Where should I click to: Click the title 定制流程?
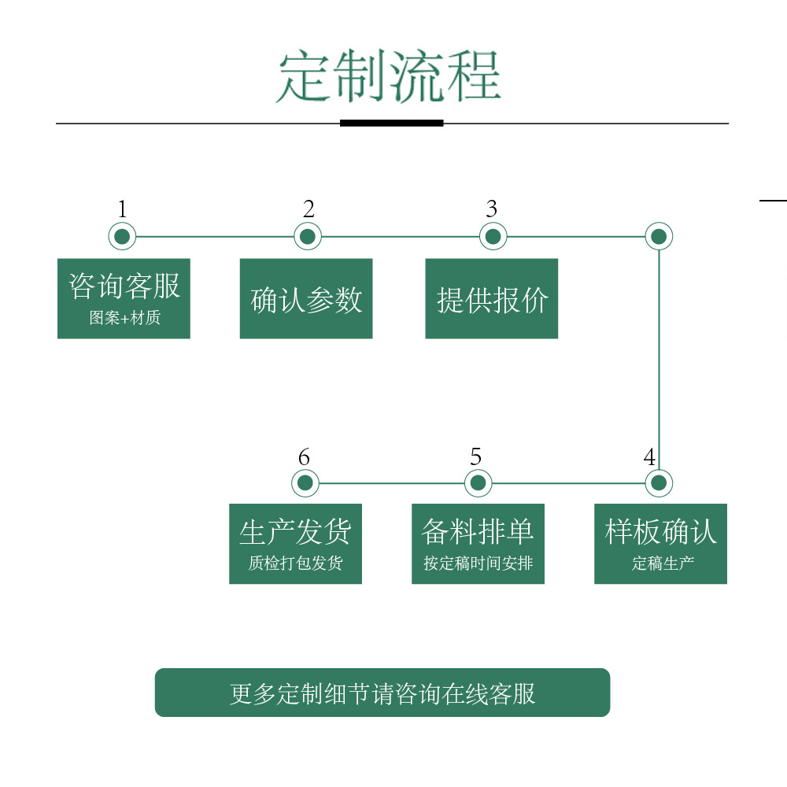point(389,77)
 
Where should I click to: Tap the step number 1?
point(122,209)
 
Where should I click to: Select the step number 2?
point(309,209)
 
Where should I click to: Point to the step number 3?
point(492,209)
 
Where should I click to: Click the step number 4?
point(649,457)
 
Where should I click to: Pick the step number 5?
point(475,457)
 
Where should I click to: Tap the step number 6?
point(305,457)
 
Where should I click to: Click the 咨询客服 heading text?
point(124,286)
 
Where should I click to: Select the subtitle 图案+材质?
point(124,319)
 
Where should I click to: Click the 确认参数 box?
point(306,299)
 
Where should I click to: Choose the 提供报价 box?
point(492,299)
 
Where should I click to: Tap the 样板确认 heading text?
point(661,532)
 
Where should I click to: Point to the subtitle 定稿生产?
point(661,563)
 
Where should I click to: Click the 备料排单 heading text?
point(478,532)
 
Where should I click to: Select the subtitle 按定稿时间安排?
point(478,563)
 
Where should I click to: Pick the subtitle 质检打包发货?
point(295,563)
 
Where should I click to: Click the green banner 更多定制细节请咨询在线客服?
point(382,693)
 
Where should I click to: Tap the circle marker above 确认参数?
point(308,236)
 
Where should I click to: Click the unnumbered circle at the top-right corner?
point(659,236)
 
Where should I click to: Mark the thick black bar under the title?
point(391,123)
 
